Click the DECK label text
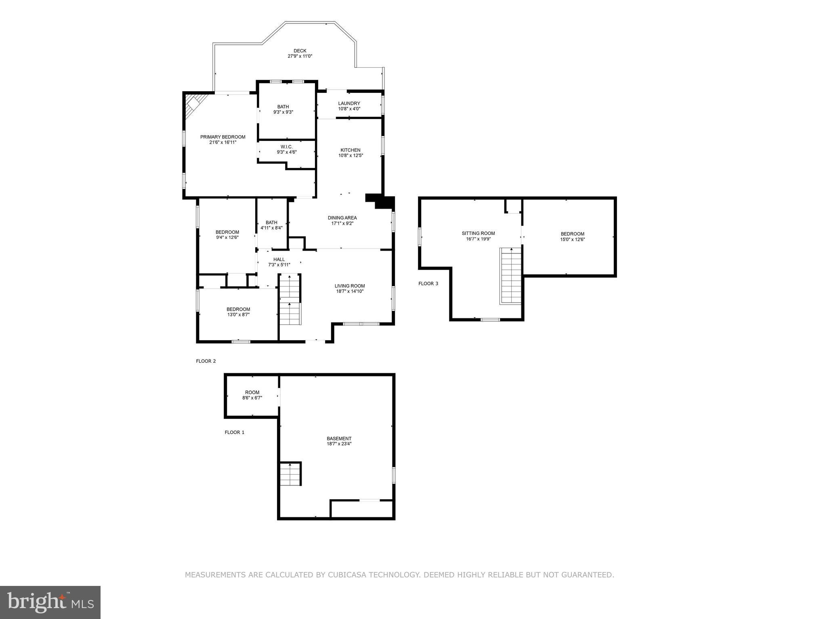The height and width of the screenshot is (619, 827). click(300, 51)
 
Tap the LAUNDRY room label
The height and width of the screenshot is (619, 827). click(349, 104)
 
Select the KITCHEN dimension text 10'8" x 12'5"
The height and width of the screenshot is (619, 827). click(351, 155)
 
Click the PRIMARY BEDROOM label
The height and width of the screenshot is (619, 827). click(222, 137)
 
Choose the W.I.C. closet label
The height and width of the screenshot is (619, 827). click(286, 147)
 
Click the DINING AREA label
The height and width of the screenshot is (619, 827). click(342, 218)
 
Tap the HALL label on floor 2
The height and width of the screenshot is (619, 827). click(279, 259)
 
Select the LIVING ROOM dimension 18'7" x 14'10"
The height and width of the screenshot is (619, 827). click(349, 291)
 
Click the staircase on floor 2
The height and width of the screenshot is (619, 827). click(290, 300)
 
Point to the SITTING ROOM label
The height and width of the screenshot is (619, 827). click(478, 233)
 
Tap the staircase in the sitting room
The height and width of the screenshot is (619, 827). click(511, 276)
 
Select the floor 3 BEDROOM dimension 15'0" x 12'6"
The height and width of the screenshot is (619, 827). click(572, 239)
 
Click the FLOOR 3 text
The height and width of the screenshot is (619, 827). click(428, 284)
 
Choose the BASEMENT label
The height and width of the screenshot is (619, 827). click(339, 439)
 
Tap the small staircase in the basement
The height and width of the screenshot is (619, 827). click(291, 474)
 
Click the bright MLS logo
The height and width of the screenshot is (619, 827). click(50, 602)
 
